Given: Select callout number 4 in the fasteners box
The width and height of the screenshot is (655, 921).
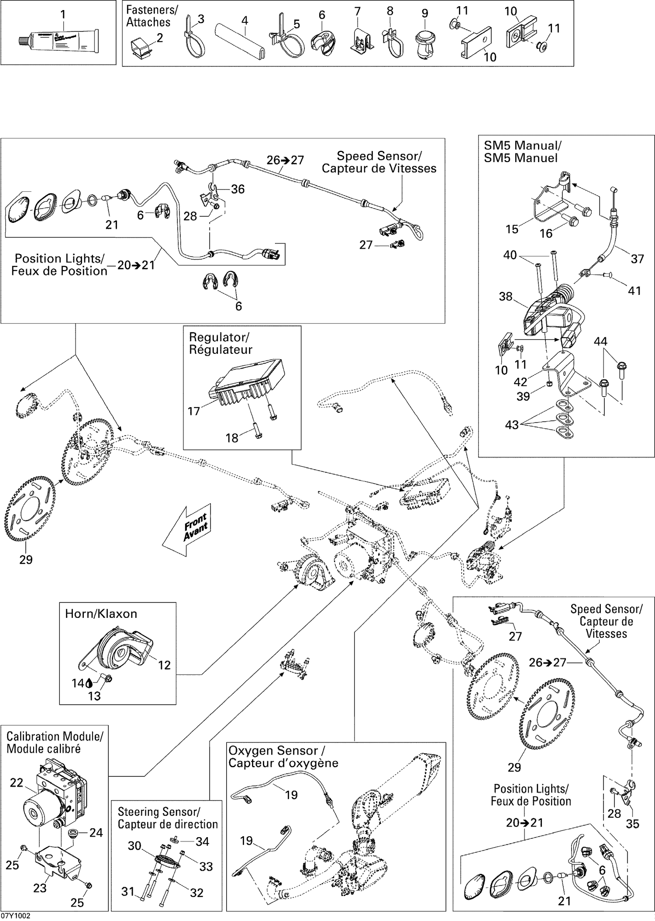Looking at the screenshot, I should (x=245, y=21).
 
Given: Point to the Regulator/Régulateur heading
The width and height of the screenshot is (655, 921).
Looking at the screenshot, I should (x=220, y=343).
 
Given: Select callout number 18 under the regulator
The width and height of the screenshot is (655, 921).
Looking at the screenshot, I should (x=231, y=438).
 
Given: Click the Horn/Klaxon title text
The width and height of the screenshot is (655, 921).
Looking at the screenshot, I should (x=101, y=614).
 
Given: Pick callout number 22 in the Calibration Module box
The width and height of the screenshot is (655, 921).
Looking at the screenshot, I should (x=17, y=783).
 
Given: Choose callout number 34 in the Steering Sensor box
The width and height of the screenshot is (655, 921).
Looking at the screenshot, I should (x=202, y=841).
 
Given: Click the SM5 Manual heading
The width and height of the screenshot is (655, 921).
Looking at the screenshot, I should (x=522, y=152).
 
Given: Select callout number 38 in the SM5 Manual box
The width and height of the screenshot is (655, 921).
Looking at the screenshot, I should (x=505, y=296).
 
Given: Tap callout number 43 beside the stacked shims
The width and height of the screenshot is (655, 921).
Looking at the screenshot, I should (x=512, y=425).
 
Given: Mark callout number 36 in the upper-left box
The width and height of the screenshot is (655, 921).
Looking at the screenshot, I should (x=238, y=189).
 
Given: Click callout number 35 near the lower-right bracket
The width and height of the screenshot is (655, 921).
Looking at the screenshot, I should (x=632, y=824).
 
